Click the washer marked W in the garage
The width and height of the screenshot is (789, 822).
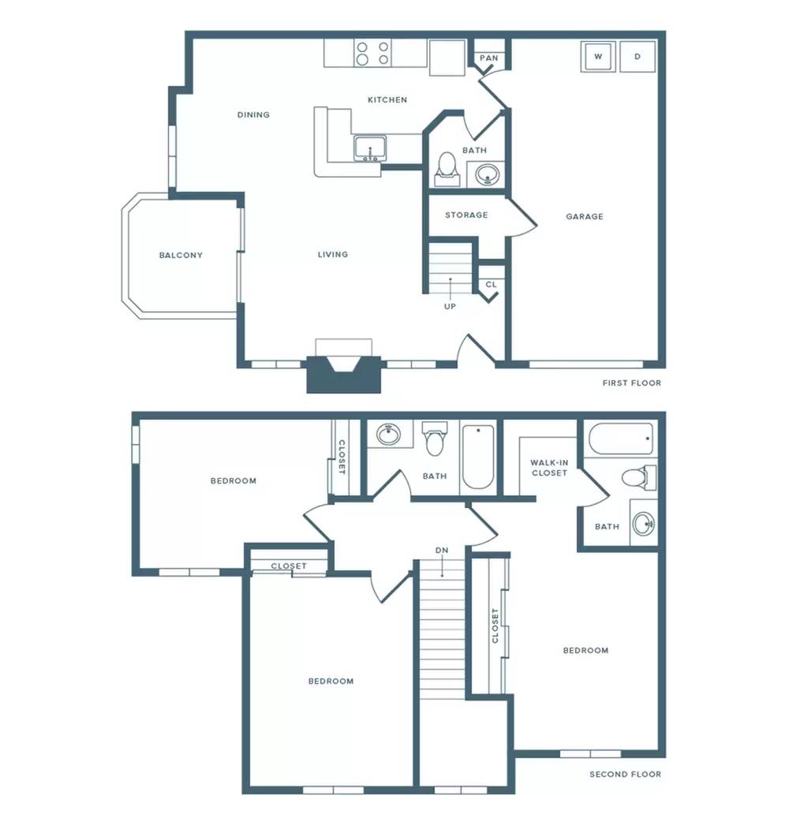[598, 56]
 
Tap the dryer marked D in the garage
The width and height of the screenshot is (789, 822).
[638, 56]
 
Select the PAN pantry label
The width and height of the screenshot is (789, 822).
[488, 58]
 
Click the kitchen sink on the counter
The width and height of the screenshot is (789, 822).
[369, 148]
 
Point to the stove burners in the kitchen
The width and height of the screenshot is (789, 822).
[372, 54]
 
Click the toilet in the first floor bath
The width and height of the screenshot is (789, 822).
[447, 169]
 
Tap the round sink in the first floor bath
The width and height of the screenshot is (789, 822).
[488, 174]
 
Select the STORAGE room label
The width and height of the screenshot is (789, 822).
[466, 215]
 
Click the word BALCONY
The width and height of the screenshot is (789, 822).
[181, 256]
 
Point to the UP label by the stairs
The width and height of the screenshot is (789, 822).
[450, 307]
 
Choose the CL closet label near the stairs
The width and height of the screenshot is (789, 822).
[491, 285]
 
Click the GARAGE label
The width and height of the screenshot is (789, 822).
[585, 216]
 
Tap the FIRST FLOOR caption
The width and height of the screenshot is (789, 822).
[632, 383]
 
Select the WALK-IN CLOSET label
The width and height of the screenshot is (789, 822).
[549, 468]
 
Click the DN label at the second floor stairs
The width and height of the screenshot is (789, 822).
[442, 551]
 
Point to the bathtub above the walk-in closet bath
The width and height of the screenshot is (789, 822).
[621, 439]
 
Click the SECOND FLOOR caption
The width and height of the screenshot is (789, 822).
[626, 775]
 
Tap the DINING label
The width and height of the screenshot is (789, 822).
[253, 115]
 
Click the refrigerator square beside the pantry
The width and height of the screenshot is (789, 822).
[447, 58]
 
